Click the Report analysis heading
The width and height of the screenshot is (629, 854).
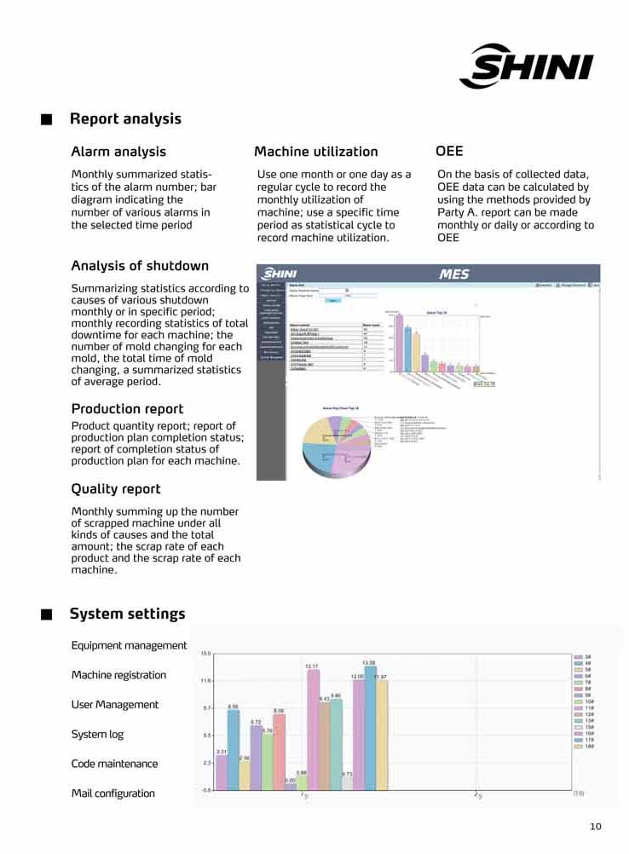pos(125,119)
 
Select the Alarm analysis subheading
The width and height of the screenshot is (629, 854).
pos(118,152)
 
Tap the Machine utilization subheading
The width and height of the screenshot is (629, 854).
pos(315,152)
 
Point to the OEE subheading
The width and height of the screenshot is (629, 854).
pos(449,151)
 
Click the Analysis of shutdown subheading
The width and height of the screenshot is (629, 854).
pos(140,266)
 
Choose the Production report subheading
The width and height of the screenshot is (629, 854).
pos(127,409)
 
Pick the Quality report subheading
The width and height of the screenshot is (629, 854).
pos(116,489)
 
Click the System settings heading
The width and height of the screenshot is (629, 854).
pos(127,615)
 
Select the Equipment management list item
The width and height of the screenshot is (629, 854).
pos(129,645)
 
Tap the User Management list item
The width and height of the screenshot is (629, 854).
pos(115,705)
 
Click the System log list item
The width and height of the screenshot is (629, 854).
pos(97,735)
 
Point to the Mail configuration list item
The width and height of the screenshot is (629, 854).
pos(113,793)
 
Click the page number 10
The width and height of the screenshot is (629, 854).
pos(595,826)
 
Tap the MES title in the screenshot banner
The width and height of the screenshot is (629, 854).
pos(453,274)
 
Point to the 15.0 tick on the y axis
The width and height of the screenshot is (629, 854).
pos(205,654)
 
